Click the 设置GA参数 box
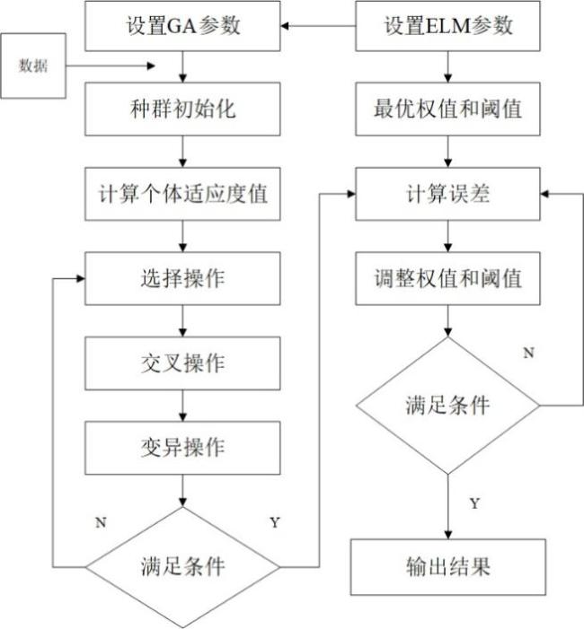(x=182, y=26)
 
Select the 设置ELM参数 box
(x=447, y=26)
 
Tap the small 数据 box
(x=33, y=66)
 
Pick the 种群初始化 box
(x=182, y=109)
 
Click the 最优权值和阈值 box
(x=447, y=109)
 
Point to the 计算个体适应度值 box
(x=182, y=194)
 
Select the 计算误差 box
(x=447, y=194)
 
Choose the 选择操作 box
(x=182, y=278)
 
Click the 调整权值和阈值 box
(x=447, y=278)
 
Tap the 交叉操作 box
(x=182, y=363)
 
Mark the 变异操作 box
(x=182, y=448)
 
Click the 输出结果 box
(x=447, y=567)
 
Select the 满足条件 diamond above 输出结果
(x=447, y=406)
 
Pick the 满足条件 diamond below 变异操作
(x=182, y=567)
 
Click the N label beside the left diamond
(x=101, y=522)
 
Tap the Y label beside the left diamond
(x=275, y=522)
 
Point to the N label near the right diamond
(x=528, y=353)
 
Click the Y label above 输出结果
(x=474, y=503)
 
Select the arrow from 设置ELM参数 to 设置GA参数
(x=318, y=26)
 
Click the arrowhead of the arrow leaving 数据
(x=151, y=66)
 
